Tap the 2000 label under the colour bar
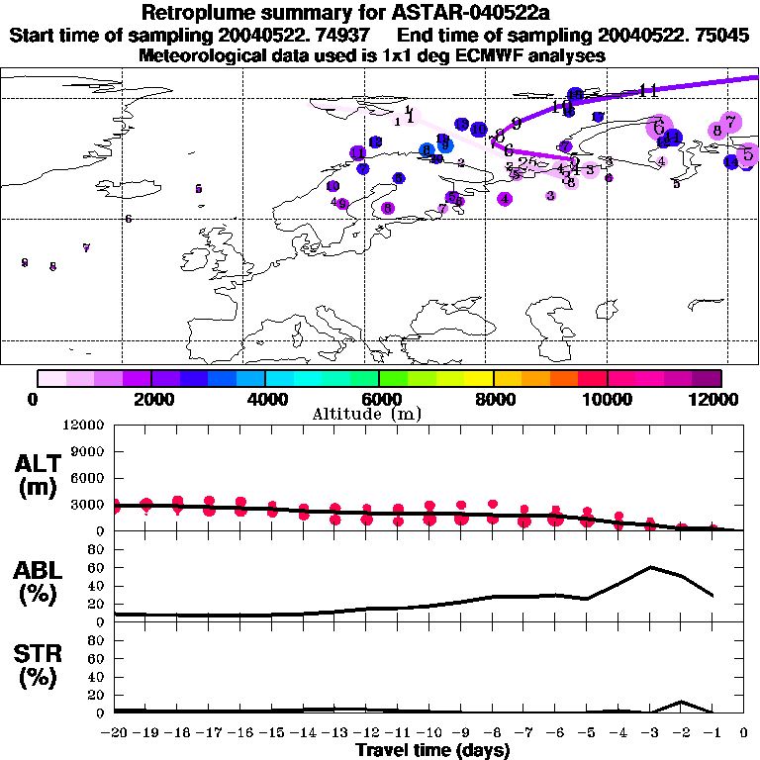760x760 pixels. pos(150,399)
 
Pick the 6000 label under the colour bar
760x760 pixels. pos(379,399)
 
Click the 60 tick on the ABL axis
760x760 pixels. pos(95,567)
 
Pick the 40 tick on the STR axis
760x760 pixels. pos(95,677)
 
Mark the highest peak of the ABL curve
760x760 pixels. pos(650,567)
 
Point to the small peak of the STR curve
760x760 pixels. pos(681,702)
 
